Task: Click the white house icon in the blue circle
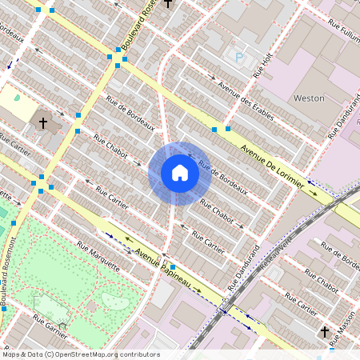179,173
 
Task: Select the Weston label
310,98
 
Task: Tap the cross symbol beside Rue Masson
326,331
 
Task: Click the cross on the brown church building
43,123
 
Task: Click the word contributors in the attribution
141,354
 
